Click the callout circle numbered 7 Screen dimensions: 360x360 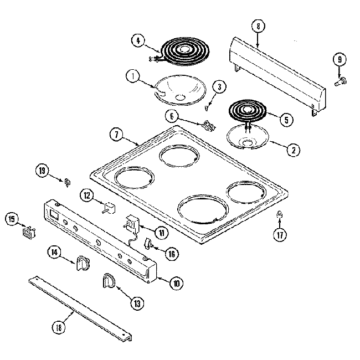(x=116, y=134)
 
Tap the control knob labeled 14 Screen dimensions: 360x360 (x=82, y=263)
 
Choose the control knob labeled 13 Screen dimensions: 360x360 (x=107, y=281)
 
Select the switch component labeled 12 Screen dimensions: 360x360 (x=107, y=208)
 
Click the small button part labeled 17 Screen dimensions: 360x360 (x=280, y=215)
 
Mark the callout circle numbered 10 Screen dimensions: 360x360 (x=176, y=284)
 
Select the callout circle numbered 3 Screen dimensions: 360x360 (x=219, y=86)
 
